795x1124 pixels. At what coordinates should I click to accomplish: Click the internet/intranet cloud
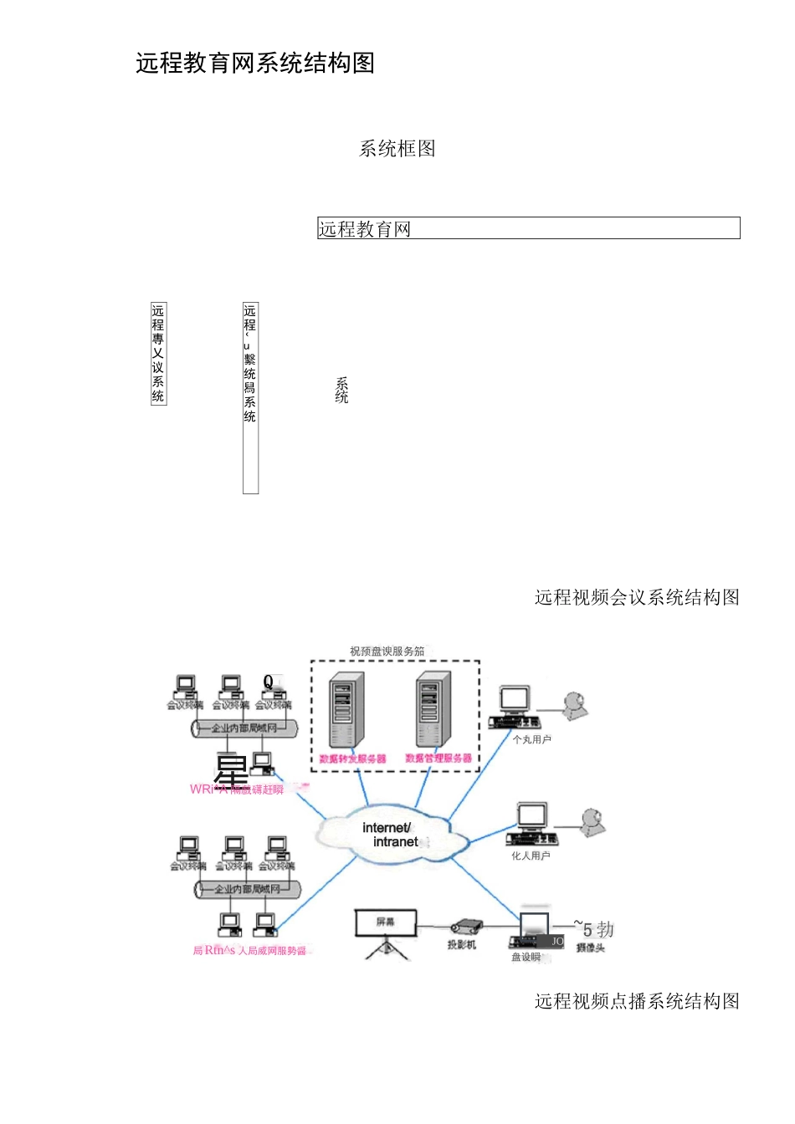388,834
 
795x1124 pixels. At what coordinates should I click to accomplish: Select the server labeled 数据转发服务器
346,710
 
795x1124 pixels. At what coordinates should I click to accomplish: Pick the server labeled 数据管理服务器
433,709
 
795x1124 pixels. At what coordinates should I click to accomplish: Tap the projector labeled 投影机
465,927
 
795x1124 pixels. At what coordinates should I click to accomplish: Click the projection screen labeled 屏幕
385,923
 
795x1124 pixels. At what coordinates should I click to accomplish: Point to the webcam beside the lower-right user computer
592,822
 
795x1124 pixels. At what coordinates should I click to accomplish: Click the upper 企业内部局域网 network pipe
244,728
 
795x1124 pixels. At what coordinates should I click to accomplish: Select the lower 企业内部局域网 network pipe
247,889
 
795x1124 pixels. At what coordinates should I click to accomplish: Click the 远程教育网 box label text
365,229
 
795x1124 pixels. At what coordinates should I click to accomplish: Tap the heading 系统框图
397,149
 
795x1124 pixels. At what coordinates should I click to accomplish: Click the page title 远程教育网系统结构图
255,64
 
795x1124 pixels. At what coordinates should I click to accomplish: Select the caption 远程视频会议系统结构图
637,597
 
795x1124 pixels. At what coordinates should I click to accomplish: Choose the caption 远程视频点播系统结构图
637,1001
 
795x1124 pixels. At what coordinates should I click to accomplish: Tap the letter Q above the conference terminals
269,682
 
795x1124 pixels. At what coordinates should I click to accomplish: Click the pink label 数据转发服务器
352,759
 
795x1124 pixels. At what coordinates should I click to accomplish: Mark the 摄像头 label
590,948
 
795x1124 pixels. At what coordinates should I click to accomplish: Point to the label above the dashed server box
387,651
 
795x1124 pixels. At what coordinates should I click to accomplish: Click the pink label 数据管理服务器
439,759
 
